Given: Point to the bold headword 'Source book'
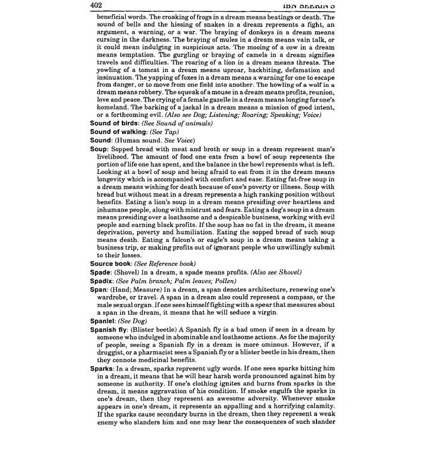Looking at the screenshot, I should pos(111,264).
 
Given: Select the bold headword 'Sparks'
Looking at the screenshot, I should pos(102,368).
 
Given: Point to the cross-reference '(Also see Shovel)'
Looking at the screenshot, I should pos(272,273).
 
